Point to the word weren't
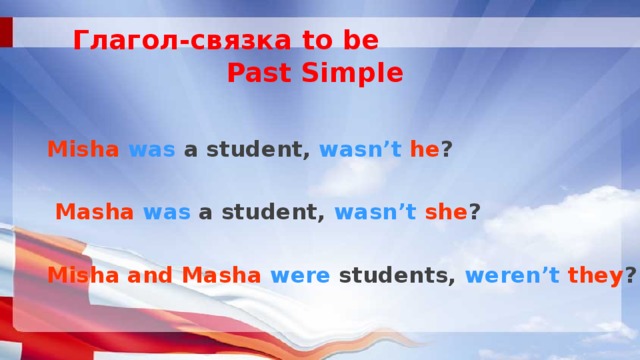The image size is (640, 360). click(x=510, y=275)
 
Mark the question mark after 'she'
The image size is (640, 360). click(x=474, y=212)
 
